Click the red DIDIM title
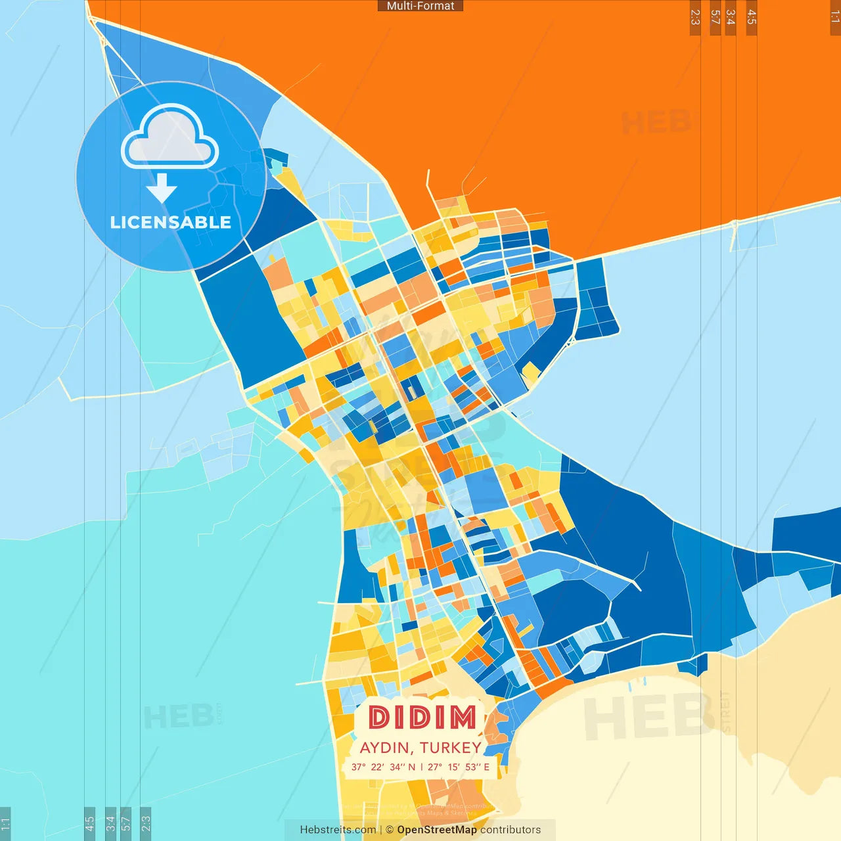[422, 717]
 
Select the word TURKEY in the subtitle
[450, 748]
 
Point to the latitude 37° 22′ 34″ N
[383, 767]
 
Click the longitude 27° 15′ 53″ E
[459, 767]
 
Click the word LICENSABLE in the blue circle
[171, 222]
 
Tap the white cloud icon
[170, 137]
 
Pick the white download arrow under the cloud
[162, 188]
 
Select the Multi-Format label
[420, 6]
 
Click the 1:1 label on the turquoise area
[5, 823]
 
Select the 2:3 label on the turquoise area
[146, 823]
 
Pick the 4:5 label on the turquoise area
[90, 823]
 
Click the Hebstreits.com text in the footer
[338, 830]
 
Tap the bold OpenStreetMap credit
[437, 830]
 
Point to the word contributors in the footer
[511, 830]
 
